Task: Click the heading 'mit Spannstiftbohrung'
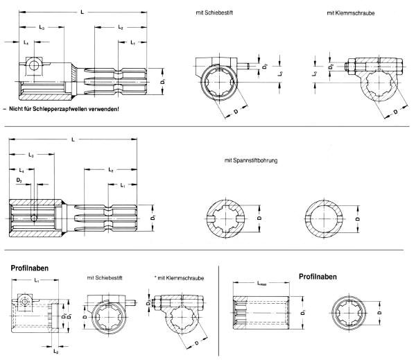tap(251, 161)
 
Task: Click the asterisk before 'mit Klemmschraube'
tap(157, 278)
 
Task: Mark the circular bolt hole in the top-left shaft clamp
tap(33, 66)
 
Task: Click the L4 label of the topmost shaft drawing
tap(27, 43)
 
